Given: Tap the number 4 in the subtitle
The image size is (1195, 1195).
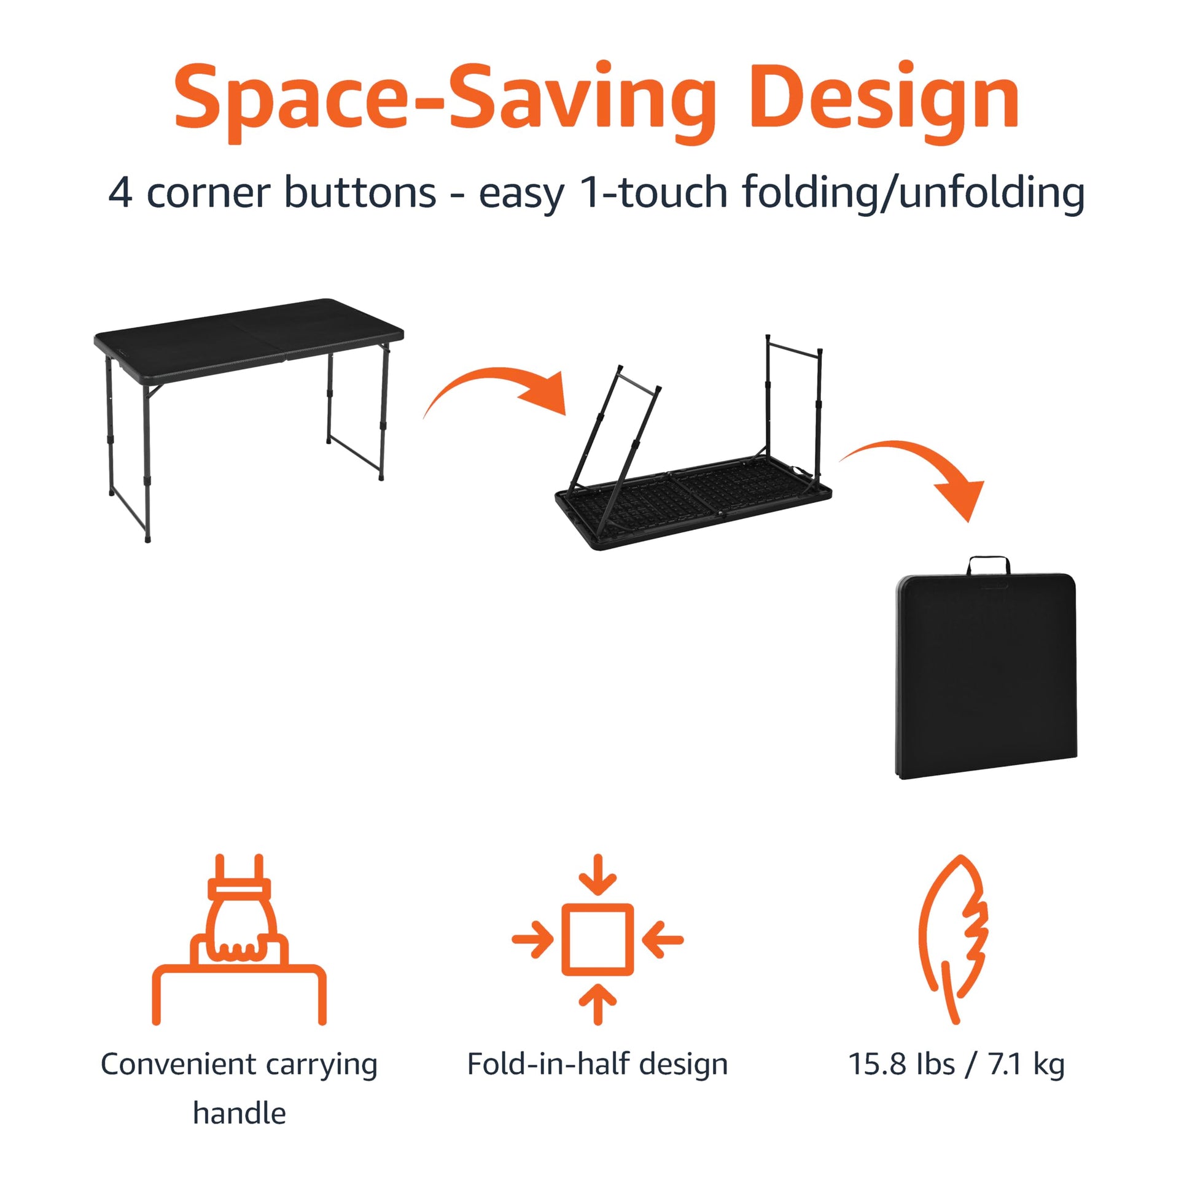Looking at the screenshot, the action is pos(120,193).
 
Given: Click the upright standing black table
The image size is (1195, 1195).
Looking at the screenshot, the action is pos(249,420).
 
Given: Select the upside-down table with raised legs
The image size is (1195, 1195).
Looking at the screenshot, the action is pos(693,443).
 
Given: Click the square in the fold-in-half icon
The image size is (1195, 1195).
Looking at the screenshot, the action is pos(597,940).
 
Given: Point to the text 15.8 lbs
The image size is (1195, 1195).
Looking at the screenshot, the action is pos(901,1064).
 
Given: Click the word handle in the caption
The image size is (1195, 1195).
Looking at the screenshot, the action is pos(239,1113).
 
